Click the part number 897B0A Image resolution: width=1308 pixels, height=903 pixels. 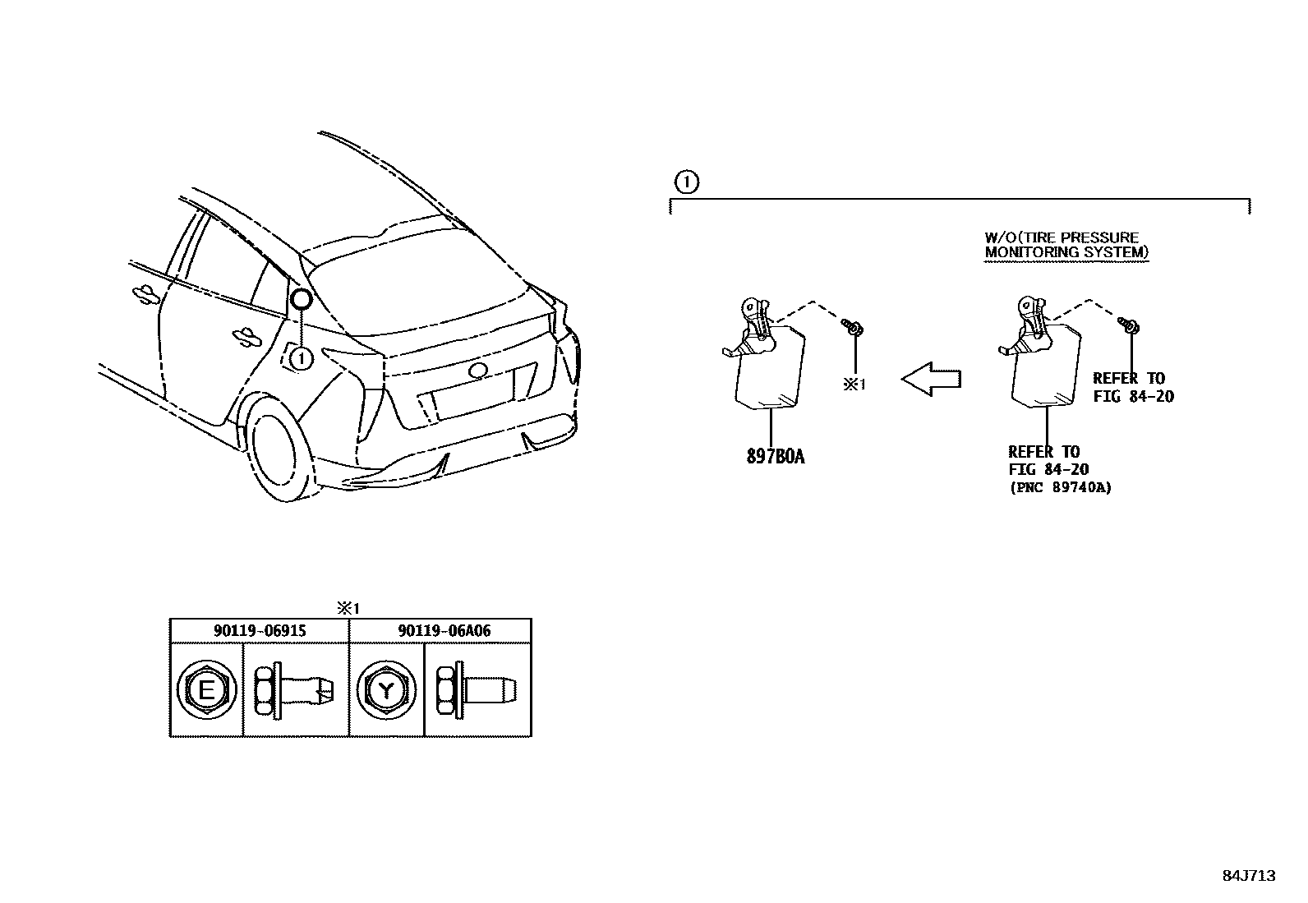click(x=775, y=457)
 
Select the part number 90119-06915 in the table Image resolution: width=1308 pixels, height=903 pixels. click(x=260, y=630)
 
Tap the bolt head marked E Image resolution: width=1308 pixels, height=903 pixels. click(x=206, y=690)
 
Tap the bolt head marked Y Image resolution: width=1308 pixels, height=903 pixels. click(x=385, y=690)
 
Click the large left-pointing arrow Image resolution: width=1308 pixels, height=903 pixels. click(x=931, y=379)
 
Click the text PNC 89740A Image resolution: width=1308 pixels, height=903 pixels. click(x=1060, y=487)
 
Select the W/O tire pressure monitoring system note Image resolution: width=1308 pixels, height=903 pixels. click(x=1066, y=245)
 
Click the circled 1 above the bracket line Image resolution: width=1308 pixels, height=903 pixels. click(x=686, y=182)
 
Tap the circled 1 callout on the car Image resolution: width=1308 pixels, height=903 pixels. click(x=302, y=358)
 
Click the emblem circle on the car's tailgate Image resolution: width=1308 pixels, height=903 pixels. click(x=477, y=371)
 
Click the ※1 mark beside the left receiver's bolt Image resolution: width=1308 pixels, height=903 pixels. click(x=854, y=384)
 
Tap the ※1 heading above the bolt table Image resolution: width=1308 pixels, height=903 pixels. click(x=348, y=608)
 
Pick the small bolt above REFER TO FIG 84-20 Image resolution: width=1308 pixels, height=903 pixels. click(x=1130, y=326)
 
